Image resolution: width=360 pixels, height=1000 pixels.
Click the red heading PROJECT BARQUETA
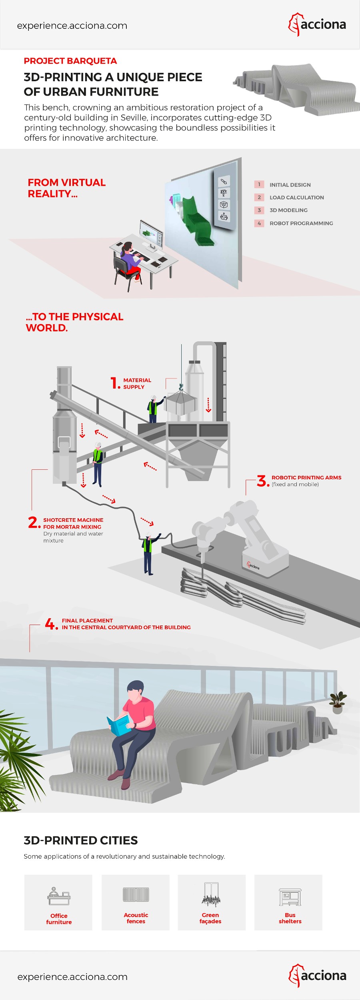coord(70,61)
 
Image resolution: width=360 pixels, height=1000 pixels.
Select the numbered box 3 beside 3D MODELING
coord(259,210)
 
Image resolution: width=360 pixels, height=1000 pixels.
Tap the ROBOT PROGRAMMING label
coord(301,223)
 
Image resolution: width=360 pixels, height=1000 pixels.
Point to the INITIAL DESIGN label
coord(290,185)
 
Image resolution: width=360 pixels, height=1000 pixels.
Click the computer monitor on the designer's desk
coord(151,234)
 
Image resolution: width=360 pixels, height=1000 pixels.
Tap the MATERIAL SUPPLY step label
coord(137,383)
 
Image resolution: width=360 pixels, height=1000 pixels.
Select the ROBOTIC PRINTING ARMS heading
coord(306,477)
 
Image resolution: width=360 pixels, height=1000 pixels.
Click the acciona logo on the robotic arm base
coord(253,566)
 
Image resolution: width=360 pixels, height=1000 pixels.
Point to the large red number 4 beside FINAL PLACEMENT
coord(51,623)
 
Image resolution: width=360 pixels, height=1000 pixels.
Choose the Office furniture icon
coord(59,896)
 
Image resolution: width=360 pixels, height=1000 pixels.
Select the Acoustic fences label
coord(136,918)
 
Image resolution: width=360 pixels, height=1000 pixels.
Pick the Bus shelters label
coord(290,918)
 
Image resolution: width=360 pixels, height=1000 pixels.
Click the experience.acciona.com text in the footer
coord(72,977)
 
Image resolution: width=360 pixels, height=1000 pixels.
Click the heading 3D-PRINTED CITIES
coord(81,840)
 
